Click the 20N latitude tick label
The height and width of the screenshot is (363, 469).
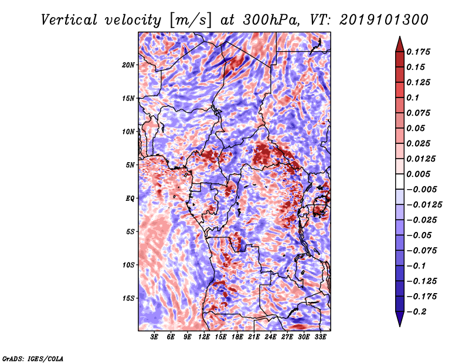128,65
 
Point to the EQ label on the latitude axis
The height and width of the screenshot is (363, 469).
130,199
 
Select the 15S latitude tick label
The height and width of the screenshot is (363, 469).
128,298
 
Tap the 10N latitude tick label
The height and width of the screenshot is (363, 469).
128,132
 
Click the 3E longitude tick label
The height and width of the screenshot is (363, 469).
154,337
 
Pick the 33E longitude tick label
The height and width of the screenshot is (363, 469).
320,337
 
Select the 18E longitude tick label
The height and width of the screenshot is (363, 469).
237,337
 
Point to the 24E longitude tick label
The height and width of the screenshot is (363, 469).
270,337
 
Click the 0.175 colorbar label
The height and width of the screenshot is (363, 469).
418,52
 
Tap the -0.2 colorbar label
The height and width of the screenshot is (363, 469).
417,312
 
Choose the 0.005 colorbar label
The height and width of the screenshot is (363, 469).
418,174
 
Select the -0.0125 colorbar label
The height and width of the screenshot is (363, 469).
424,205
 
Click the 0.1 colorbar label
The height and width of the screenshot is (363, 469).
413,98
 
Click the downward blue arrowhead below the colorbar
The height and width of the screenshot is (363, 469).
400,318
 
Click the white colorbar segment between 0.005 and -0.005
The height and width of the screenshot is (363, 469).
400,181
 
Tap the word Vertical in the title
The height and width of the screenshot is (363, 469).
69,20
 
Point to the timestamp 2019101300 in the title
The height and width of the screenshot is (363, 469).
384,20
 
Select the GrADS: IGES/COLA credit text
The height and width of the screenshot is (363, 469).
33,358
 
